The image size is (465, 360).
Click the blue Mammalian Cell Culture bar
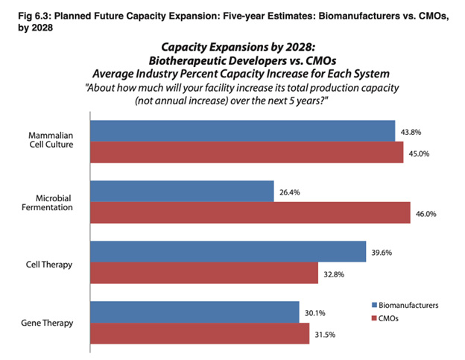[242, 130]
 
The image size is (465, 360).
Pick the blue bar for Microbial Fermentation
[182, 192]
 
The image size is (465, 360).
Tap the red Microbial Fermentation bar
[250, 212]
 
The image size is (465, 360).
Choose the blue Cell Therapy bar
[228, 252]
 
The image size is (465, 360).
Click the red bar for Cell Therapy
[204, 273]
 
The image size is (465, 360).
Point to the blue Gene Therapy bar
[194, 312]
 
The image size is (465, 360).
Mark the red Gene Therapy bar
[199, 333]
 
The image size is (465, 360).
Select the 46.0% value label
[425, 214]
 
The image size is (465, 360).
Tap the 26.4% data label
[291, 192]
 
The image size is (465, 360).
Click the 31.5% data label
[326, 334]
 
